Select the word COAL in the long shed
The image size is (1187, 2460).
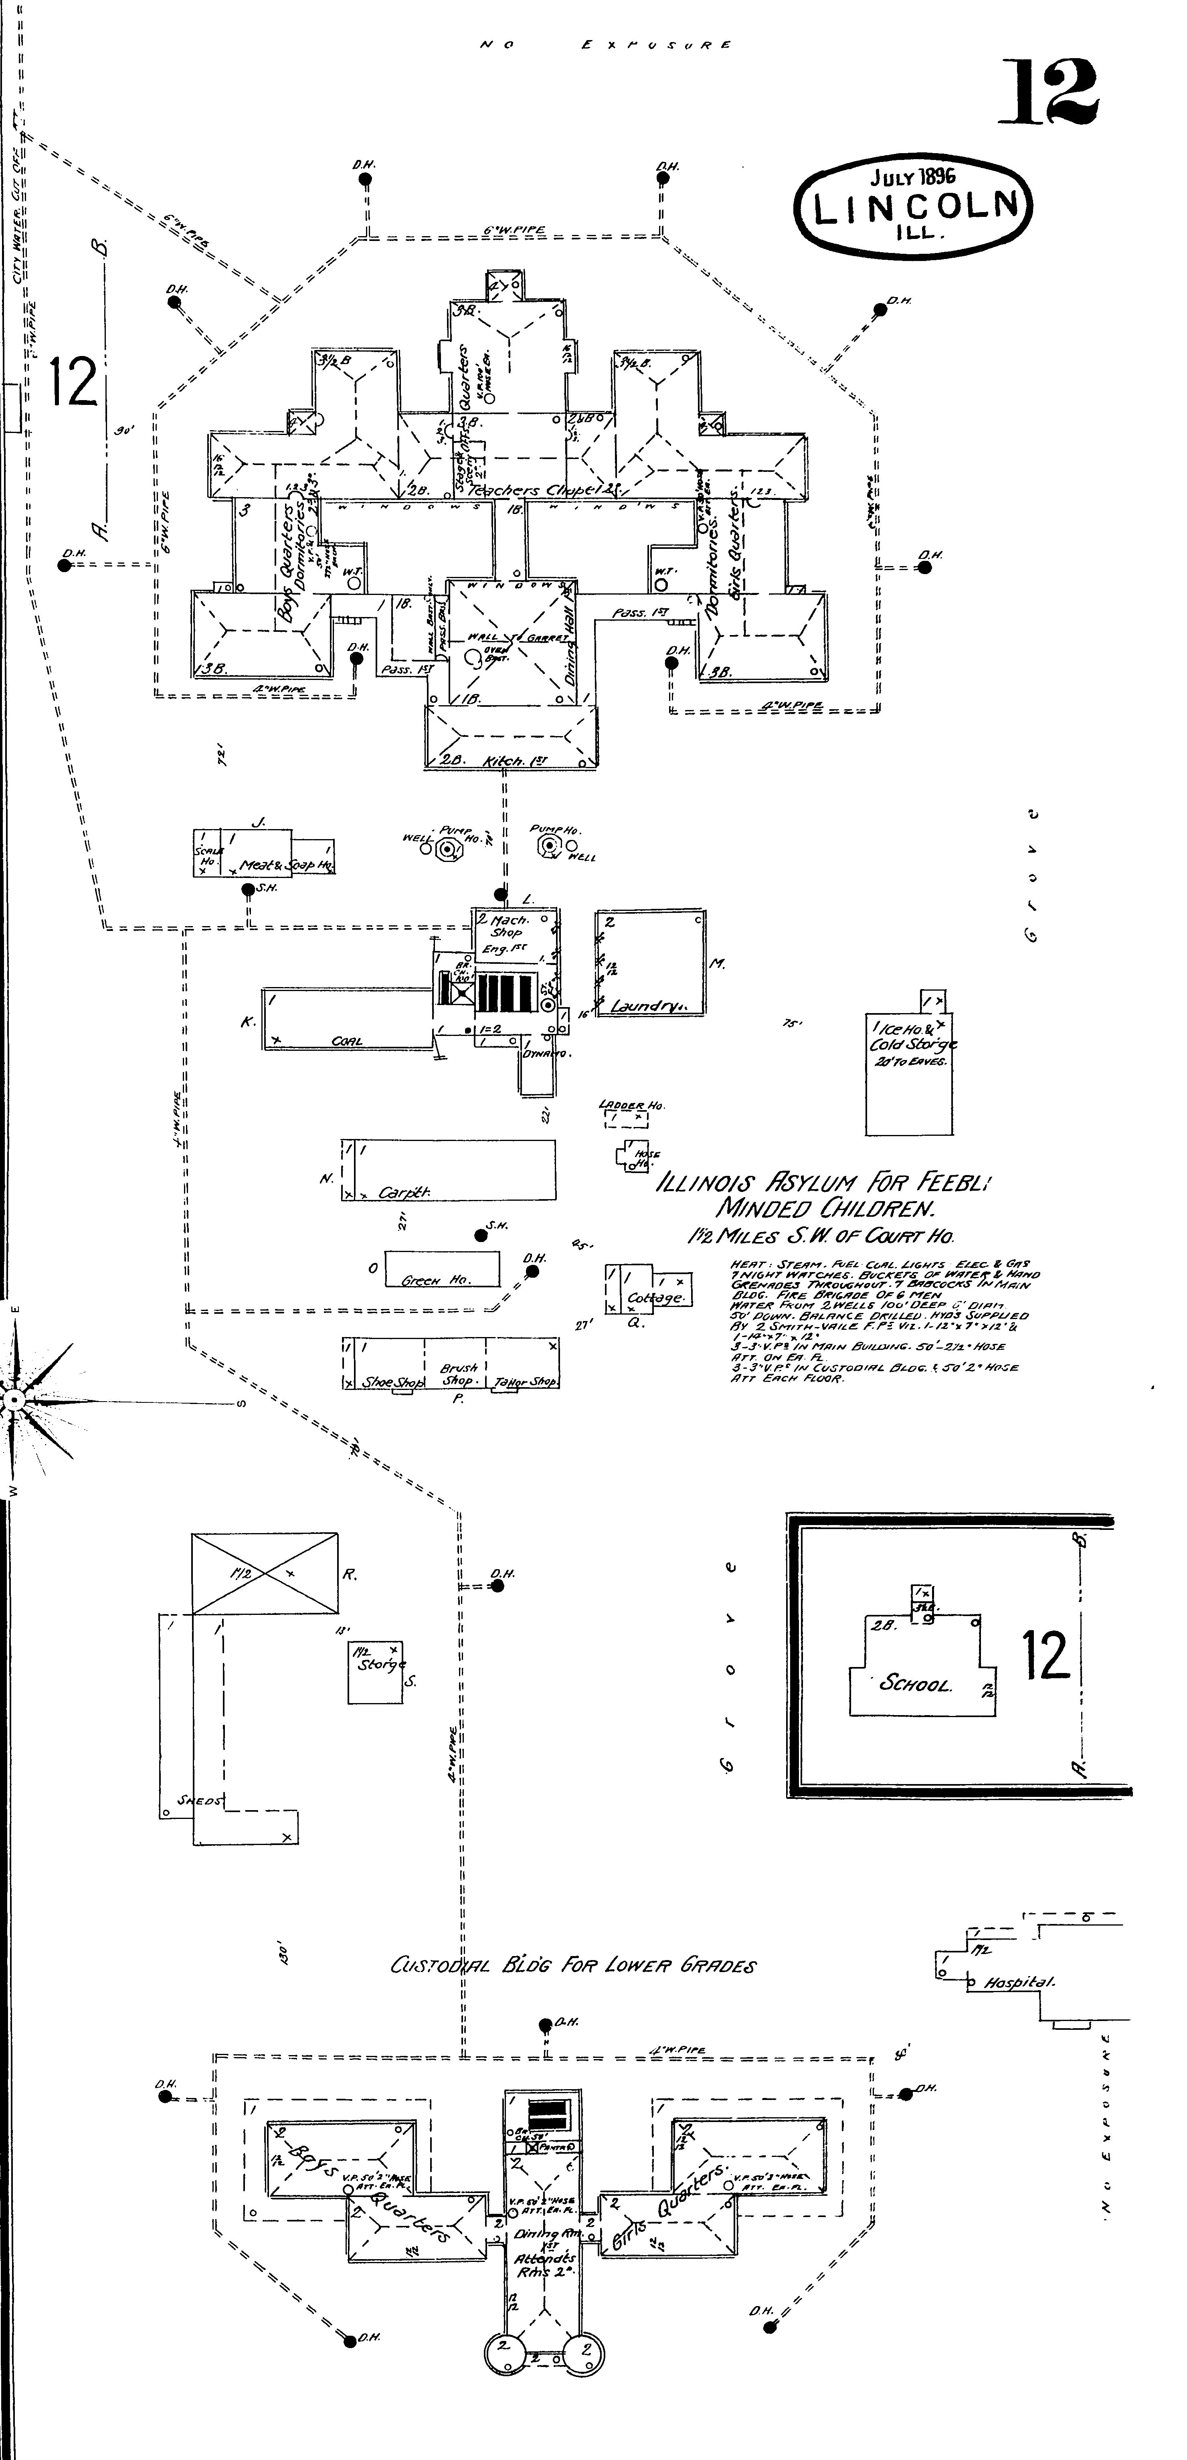pyautogui.click(x=347, y=1041)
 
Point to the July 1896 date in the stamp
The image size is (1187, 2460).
pyautogui.click(x=912, y=177)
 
